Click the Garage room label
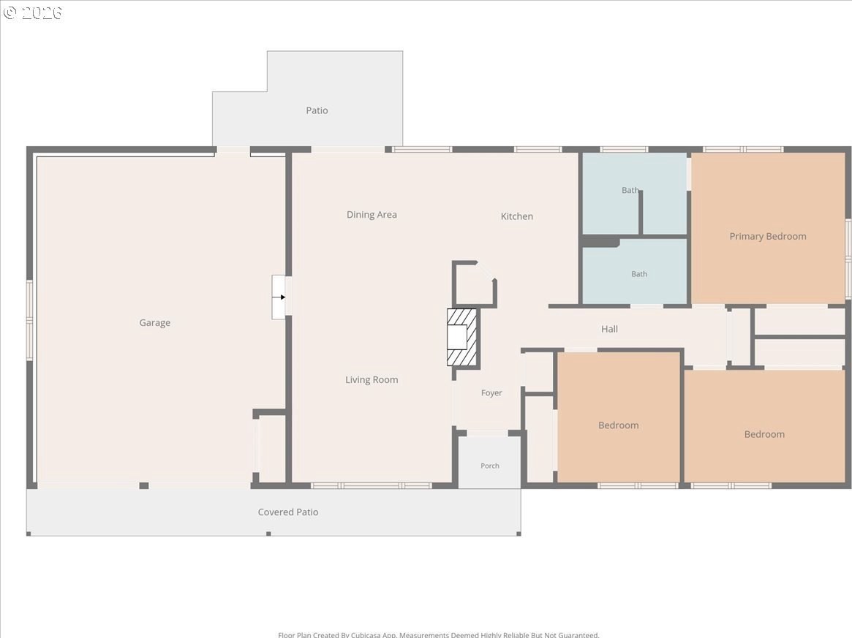tap(155, 322)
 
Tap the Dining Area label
tap(372, 214)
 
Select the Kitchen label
tap(517, 216)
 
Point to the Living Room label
tap(372, 379)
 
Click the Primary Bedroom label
tap(768, 236)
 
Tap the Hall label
tap(609, 329)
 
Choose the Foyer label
tap(491, 393)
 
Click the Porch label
tap(489, 466)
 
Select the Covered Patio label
tap(288, 512)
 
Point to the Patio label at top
tap(317, 110)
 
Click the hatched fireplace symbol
tap(462, 337)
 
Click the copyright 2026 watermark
tap(33, 12)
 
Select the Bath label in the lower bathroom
tap(639, 274)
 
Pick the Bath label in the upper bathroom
tap(630, 190)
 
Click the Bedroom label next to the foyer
tap(619, 425)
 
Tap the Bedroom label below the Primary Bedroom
tap(764, 434)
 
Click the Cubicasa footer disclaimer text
tap(439, 635)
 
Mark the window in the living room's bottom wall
tap(372, 485)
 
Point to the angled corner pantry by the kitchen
tap(474, 284)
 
